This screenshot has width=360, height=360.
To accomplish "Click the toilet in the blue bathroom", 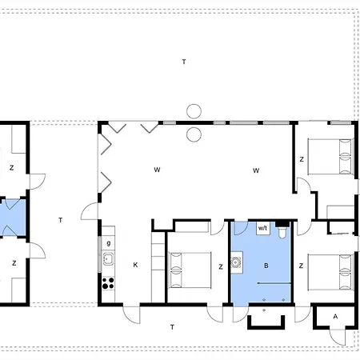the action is coord(282,232).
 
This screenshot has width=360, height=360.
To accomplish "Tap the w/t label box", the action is coord(263,228).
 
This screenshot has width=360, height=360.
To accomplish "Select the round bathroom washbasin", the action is coord(236,262).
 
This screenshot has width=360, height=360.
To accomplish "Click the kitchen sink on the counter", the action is coord(108,258).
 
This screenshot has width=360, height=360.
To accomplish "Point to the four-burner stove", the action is coord(108,283).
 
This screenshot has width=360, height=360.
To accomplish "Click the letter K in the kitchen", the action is coord(135,265).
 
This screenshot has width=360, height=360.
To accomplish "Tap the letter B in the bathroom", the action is coord(266,266).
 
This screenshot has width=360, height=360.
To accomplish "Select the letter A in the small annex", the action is coord(335,316).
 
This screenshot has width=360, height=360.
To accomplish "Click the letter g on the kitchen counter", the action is coord(109,243).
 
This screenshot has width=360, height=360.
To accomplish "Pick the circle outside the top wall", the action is coord(194,111).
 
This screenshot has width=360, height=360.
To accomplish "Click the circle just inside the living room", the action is coord(194,134).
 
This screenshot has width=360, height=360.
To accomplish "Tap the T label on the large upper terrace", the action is coord(184,62).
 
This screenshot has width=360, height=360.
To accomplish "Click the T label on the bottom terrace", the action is coord(172,327).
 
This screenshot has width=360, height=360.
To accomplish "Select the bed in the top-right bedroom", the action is coord(330,157).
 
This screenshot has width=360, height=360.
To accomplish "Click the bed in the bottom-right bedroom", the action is coord(330,272).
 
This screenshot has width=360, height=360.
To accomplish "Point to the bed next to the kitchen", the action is coord(190,270).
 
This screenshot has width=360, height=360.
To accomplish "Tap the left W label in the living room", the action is coord(157,170).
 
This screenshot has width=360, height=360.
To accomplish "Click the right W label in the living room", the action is coord(256,170).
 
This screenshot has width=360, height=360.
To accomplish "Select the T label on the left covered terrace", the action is coord(61,220).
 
